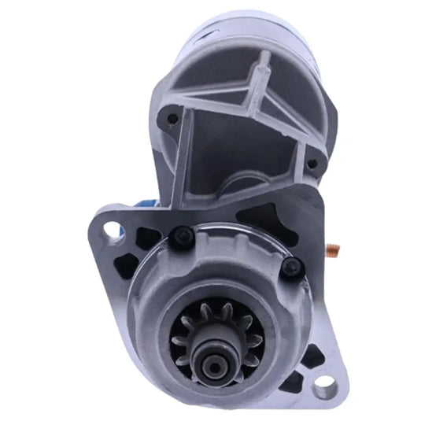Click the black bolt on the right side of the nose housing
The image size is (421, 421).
tap(291, 267)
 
